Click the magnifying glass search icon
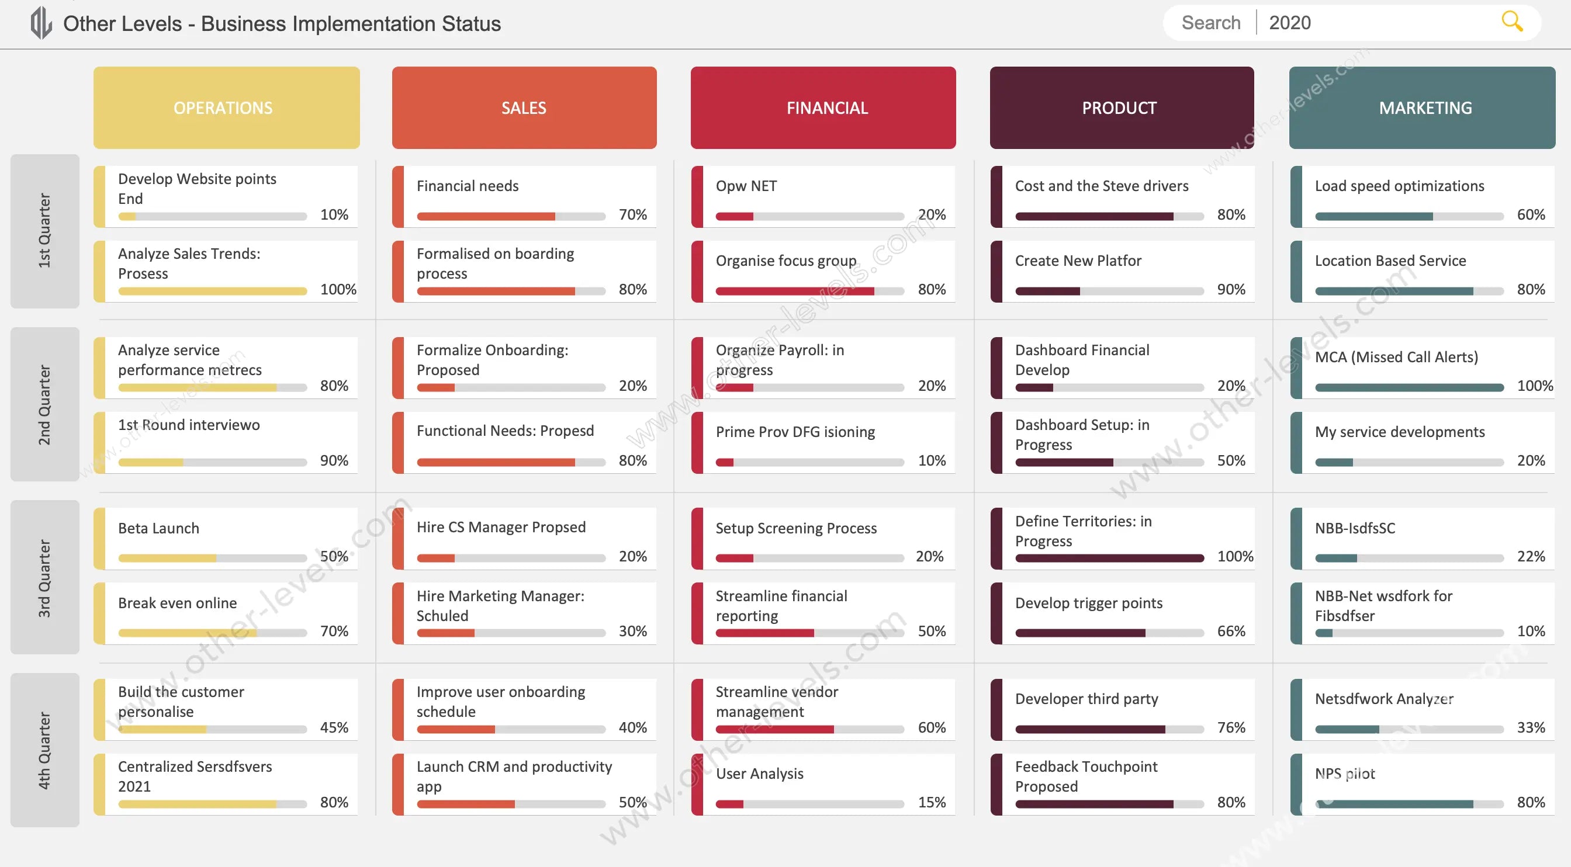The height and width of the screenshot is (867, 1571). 1512,22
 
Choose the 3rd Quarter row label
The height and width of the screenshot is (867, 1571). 44,577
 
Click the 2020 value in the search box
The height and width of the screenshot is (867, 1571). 1290,23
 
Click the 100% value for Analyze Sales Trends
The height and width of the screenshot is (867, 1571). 338,289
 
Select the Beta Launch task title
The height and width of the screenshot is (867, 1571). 158,528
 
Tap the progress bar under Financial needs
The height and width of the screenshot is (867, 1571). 511,216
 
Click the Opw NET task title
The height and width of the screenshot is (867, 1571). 746,186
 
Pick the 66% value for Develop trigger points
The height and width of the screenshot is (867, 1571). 1231,631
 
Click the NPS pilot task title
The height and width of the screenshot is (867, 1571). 1345,773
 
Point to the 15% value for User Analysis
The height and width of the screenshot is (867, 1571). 931,802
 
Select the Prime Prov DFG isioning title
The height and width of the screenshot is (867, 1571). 795,432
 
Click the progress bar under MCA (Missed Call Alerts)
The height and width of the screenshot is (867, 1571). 1409,388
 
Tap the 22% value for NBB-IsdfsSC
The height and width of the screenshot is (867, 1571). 1531,556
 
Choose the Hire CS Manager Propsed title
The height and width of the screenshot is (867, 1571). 501,527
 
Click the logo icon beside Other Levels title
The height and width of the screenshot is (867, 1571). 41,23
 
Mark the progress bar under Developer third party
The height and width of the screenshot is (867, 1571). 1109,729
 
